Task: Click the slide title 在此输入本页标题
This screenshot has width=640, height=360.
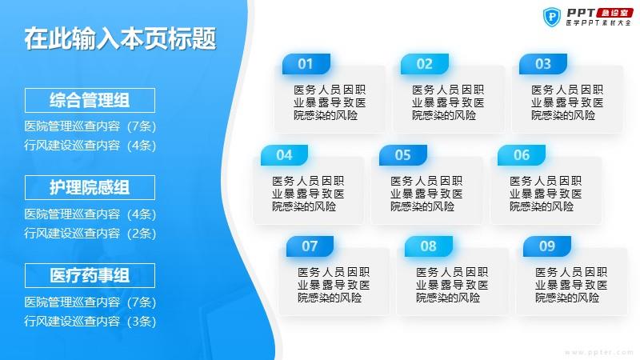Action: [x=120, y=39]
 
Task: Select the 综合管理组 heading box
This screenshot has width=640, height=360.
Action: [x=90, y=101]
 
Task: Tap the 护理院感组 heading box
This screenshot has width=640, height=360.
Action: [x=90, y=188]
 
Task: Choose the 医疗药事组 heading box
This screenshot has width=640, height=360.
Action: [x=90, y=275]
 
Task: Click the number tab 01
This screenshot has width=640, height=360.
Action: [x=306, y=64]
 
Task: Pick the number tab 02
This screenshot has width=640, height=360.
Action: [x=425, y=64]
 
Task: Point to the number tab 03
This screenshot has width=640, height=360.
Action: [x=543, y=64]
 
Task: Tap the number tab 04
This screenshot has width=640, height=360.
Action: [x=284, y=155]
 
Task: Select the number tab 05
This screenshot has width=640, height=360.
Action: [x=403, y=155]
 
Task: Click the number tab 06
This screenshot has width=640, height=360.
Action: [x=522, y=155]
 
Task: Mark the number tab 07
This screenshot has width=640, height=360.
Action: [x=310, y=246]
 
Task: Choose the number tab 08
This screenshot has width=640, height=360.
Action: [x=429, y=246]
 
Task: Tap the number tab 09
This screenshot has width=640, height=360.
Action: [x=547, y=246]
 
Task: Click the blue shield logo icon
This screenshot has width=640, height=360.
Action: [x=552, y=18]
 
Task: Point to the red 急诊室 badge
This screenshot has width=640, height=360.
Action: [x=615, y=13]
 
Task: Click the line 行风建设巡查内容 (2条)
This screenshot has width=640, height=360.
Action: [x=90, y=234]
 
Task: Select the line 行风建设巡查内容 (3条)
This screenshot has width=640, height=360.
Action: [x=90, y=322]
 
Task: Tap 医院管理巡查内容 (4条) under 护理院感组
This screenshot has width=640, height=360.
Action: [x=90, y=214]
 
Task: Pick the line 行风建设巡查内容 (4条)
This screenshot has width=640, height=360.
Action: [x=90, y=146]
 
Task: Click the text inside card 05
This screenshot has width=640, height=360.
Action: [x=426, y=194]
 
